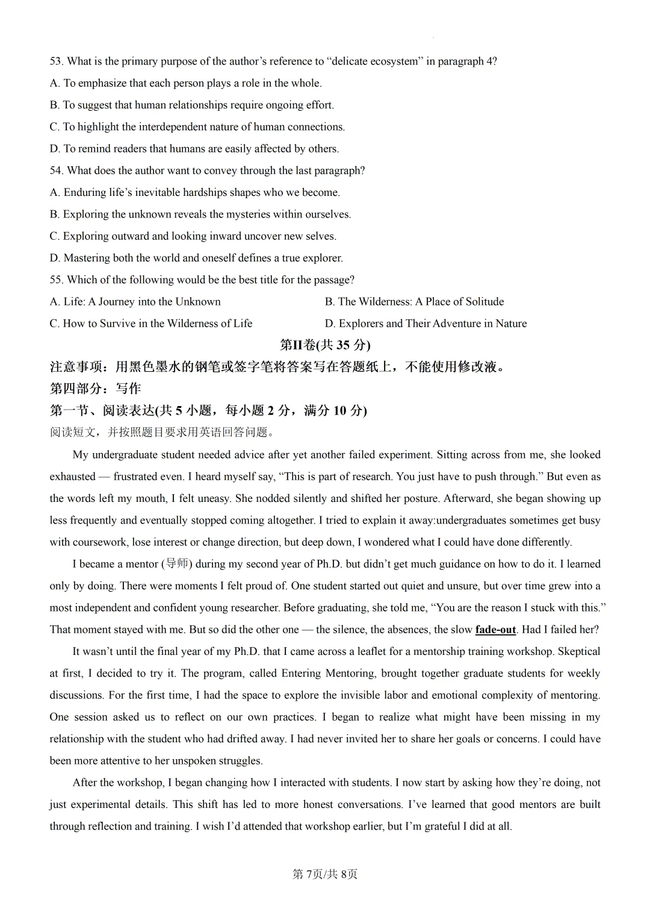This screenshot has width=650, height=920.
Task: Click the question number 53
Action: point(56,61)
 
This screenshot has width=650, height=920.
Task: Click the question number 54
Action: point(56,171)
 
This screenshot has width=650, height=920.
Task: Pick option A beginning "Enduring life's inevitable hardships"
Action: point(194,192)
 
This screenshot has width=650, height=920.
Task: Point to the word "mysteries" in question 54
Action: point(248,214)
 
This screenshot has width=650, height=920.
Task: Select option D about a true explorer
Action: point(196,258)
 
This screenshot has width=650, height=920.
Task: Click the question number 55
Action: point(56,280)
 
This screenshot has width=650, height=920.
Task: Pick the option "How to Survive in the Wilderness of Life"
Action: point(151,324)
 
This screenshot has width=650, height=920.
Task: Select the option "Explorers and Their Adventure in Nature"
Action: point(426,324)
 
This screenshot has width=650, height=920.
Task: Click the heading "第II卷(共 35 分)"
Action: point(325,345)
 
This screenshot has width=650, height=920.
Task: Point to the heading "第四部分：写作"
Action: point(95,389)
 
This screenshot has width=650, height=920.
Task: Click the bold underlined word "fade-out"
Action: point(495,630)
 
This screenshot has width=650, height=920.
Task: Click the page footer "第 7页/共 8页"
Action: point(325,874)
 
